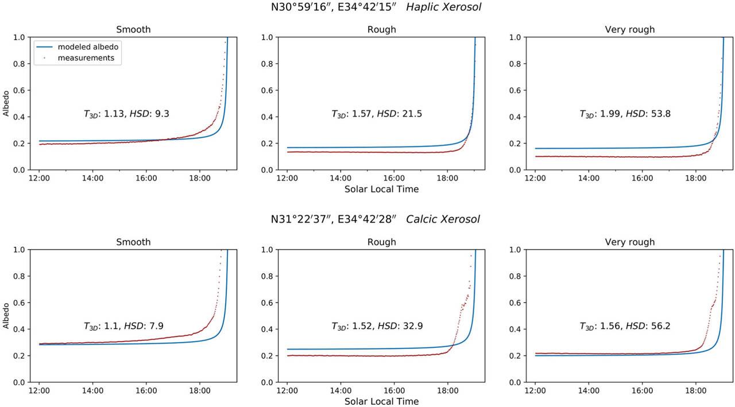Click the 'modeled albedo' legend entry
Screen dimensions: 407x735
pyautogui.click(x=87, y=47)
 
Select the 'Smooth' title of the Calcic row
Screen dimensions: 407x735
pyautogui.click(x=133, y=242)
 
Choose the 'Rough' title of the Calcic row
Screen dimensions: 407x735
pyautogui.click(x=382, y=242)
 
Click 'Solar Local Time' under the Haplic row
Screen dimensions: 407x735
pyautogui.click(x=382, y=189)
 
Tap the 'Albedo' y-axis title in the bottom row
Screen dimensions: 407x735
pyautogui.click(x=6, y=316)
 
